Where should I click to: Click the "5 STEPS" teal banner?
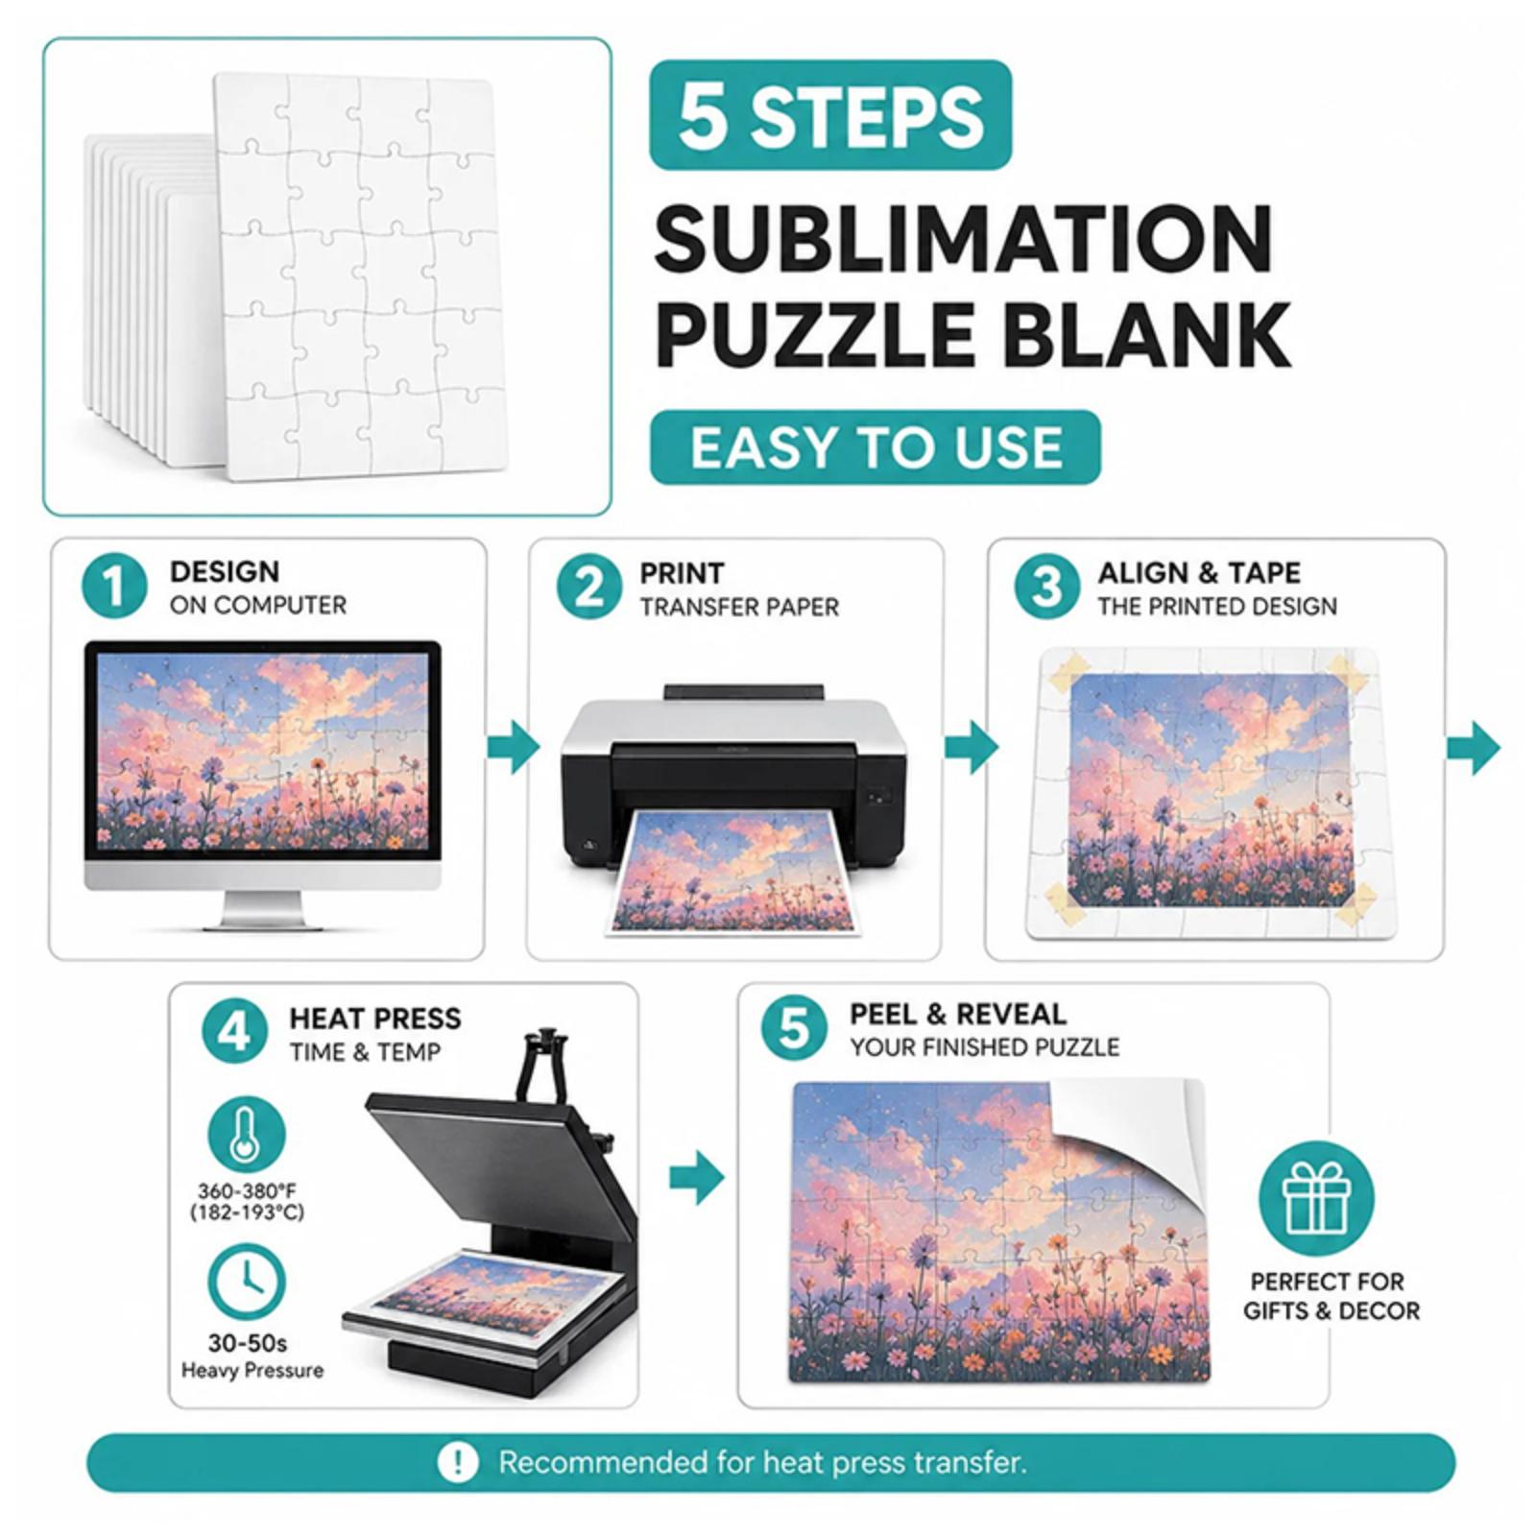pos(830,115)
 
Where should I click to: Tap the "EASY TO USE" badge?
pos(875,447)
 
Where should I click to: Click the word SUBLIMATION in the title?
pos(964,240)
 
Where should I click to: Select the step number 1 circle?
pos(114,587)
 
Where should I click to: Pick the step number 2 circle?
pos(588,587)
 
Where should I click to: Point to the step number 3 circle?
pos(1046,587)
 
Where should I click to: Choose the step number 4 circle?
pos(234,1032)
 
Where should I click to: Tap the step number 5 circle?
pos(794,1028)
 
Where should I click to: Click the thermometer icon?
pos(247,1135)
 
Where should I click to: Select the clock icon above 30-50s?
pos(247,1282)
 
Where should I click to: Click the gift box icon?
pos(1317,1198)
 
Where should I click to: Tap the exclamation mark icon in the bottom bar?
pos(458,1463)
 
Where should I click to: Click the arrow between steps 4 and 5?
pos(697,1178)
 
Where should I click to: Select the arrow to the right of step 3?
pos(1473,747)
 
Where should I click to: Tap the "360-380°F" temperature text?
pos(247,1191)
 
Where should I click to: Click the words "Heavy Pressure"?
pos(252,1370)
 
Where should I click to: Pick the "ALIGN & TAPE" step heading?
pos(1199,572)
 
